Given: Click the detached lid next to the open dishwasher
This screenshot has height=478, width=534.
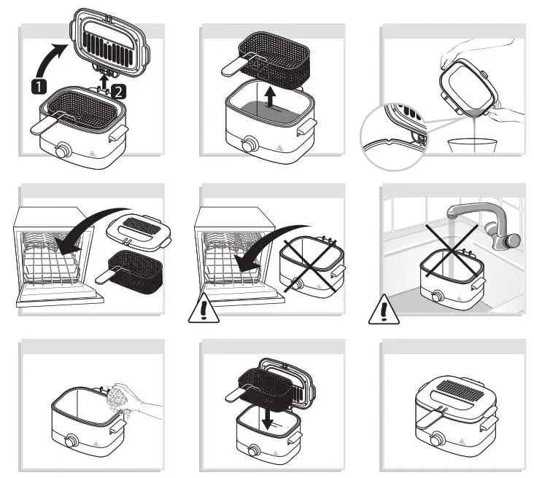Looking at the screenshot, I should click(139, 232).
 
